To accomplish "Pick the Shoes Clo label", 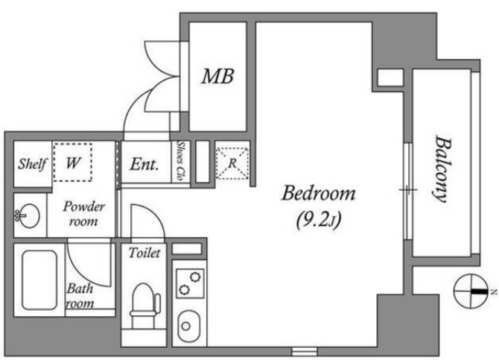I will tap(181, 162).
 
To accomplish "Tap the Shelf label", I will tap(32, 163).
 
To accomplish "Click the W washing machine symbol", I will tap(73, 162).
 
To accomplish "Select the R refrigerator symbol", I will tap(232, 162).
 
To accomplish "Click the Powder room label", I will tap(83, 213).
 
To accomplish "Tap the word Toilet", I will tap(144, 253).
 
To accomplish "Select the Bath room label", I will tap(80, 296).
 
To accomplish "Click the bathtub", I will tap(39, 280).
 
